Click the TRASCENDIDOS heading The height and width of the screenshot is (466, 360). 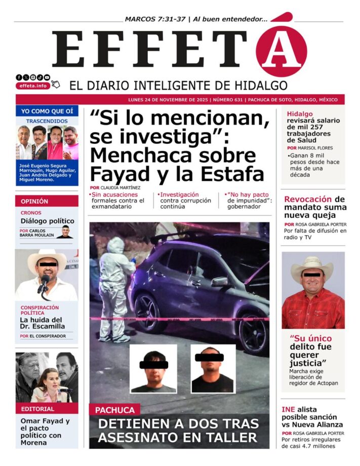[x=47, y=121]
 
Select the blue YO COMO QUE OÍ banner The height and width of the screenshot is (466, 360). [x=47, y=111]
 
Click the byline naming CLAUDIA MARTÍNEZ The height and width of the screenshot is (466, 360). [x=115, y=188]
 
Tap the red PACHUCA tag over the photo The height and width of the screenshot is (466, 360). [x=115, y=410]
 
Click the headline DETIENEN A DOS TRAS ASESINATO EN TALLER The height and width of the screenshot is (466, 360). [x=178, y=431]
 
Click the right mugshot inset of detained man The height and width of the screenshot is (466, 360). [x=213, y=368]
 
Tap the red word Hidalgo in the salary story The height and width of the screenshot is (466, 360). [x=300, y=114]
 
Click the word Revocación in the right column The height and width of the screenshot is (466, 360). [x=308, y=199]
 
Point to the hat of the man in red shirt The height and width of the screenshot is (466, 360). [x=312, y=265]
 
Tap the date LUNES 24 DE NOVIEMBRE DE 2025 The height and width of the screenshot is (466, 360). [x=163, y=100]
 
